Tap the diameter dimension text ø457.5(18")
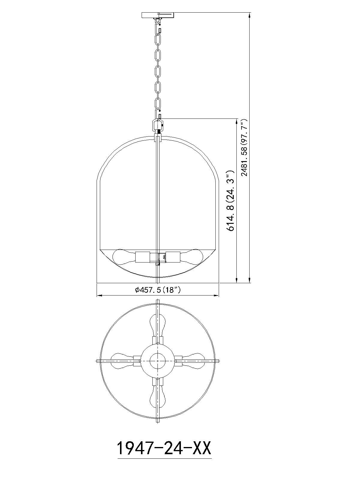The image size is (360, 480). pyautogui.click(x=158, y=290)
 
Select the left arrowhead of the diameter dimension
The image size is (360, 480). pyautogui.click(x=99, y=296)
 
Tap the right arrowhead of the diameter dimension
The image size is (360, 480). pyautogui.click(x=217, y=296)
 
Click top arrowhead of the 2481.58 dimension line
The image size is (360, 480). pyautogui.click(x=250, y=14)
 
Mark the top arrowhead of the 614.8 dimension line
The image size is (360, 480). pyautogui.click(x=237, y=121)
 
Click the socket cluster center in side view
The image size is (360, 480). pyautogui.click(x=158, y=257)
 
